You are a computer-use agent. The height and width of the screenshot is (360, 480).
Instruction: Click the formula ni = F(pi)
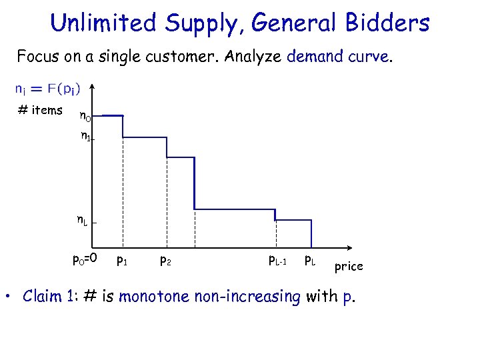point(47,89)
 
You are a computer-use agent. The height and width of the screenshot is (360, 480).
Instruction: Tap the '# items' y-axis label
point(40,111)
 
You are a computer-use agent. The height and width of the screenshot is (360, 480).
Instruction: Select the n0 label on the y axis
point(85,117)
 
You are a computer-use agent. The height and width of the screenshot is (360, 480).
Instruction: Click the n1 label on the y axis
point(85,137)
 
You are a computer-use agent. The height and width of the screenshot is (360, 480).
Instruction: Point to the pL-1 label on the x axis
point(277,260)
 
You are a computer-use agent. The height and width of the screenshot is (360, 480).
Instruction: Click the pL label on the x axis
point(311,259)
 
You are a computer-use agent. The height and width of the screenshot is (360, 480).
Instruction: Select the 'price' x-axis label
point(349,266)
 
